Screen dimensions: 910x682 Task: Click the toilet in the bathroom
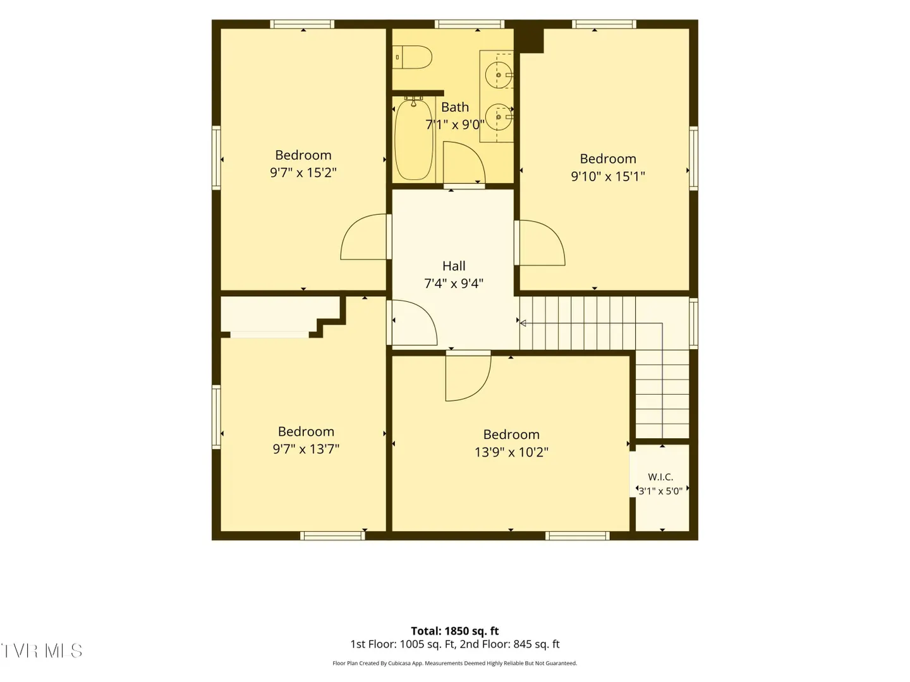(x=412, y=57)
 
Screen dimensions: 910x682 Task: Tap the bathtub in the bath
(x=414, y=138)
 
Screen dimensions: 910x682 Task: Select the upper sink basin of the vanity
(x=499, y=75)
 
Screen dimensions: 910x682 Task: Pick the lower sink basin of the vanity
(x=499, y=117)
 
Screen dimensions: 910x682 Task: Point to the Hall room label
(x=454, y=266)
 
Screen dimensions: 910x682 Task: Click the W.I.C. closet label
(x=660, y=477)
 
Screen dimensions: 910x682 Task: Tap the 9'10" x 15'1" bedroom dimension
(x=608, y=176)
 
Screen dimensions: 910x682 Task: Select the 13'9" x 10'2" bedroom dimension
(x=511, y=452)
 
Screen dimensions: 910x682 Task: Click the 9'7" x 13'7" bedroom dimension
(x=306, y=449)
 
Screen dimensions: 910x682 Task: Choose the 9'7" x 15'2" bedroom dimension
(x=303, y=172)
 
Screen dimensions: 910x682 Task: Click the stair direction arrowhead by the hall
(x=523, y=323)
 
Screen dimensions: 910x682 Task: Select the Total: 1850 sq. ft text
(x=455, y=631)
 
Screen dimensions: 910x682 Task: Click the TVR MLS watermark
(x=41, y=650)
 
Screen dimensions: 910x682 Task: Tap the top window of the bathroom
(x=470, y=24)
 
